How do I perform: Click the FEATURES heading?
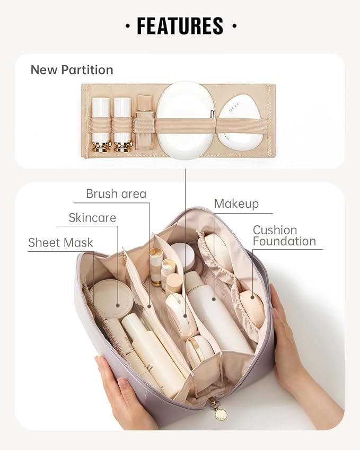tap(180, 26)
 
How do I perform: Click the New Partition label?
tap(72, 70)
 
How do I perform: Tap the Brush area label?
tap(116, 194)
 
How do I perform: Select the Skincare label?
tap(92, 218)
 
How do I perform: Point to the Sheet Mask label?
tap(60, 243)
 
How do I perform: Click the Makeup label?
tap(236, 204)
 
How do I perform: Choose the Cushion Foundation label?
tap(284, 236)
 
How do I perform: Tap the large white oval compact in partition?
tap(186, 120)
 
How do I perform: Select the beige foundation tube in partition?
tap(144, 122)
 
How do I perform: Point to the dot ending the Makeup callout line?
tap(214, 299)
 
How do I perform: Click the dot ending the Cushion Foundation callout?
tap(252, 297)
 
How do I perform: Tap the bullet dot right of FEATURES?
tap(234, 26)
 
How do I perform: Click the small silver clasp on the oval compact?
tap(212, 113)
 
